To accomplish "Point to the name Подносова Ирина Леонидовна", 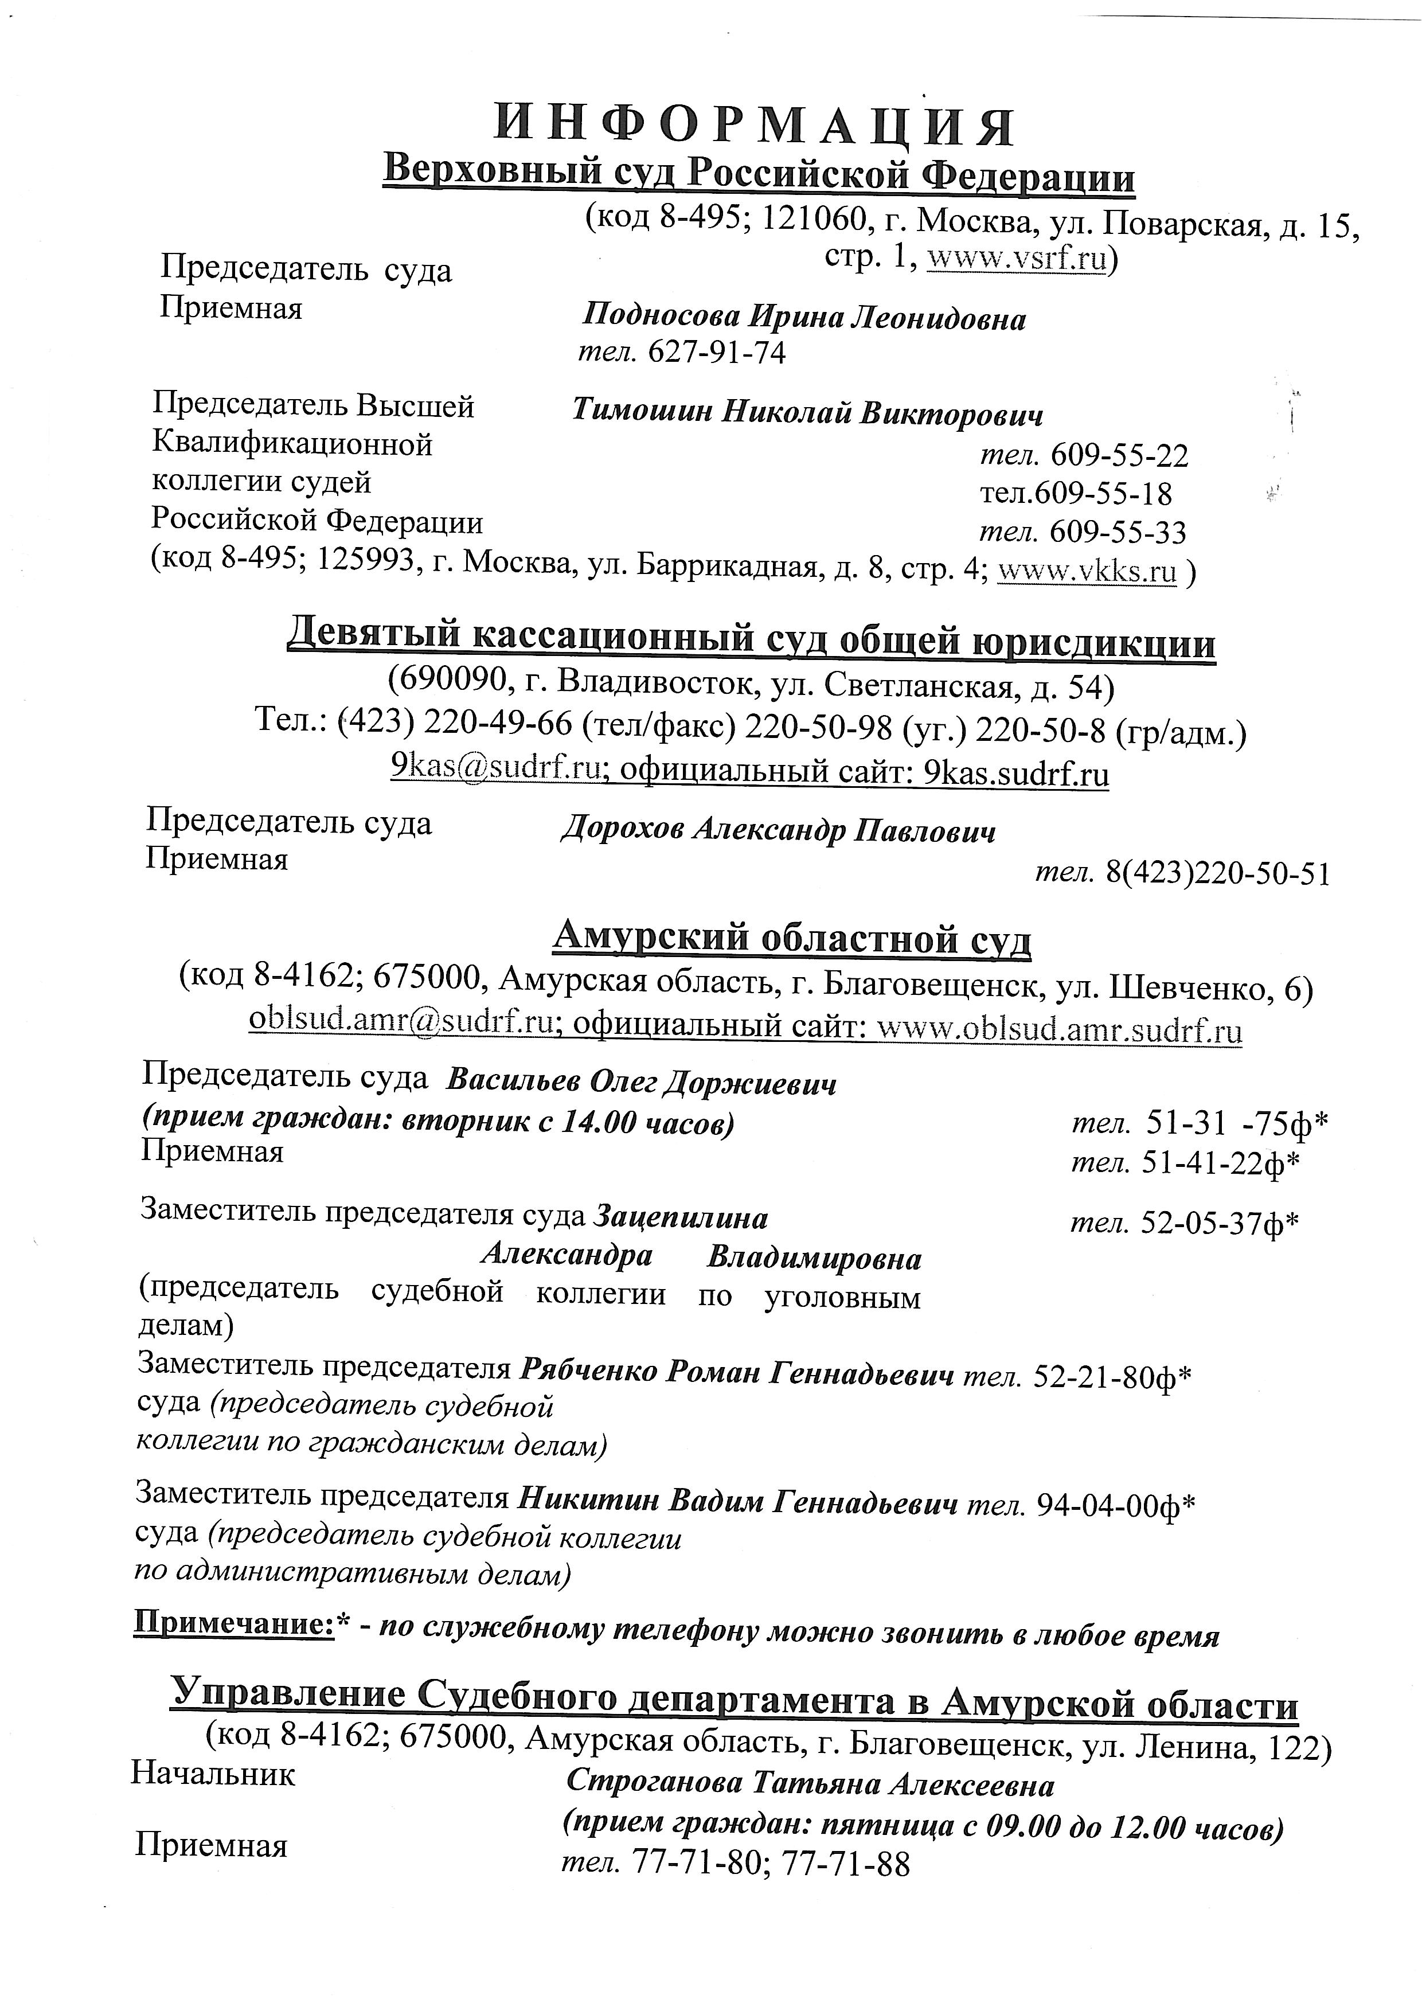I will coord(804,318).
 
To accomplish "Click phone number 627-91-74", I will coord(716,352).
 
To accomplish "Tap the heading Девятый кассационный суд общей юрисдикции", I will coord(751,643).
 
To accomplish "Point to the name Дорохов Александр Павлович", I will coord(777,829).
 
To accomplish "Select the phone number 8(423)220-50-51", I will coord(1218,873).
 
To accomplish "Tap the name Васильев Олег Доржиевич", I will coord(641,1084).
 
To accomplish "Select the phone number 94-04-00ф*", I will coord(1116,1505).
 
